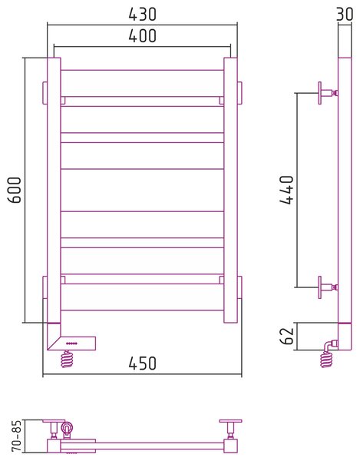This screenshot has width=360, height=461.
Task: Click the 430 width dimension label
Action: pos(143,15)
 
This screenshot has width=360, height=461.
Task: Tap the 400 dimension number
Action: pos(143,36)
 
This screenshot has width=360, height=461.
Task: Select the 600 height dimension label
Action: pos(15,190)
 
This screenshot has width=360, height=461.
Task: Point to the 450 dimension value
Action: pos(143,363)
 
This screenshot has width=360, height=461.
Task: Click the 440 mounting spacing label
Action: pos(286,190)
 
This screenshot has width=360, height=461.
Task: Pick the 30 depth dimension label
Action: pos(345,14)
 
